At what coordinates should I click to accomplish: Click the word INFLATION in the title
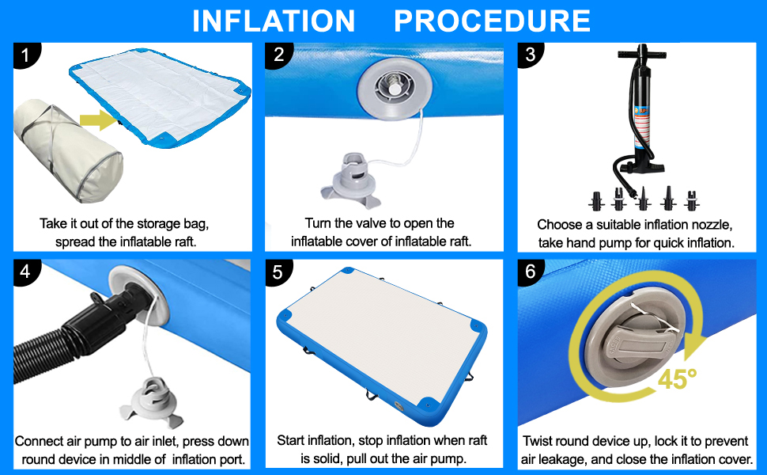click(274, 21)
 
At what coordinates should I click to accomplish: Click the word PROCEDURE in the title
click(492, 21)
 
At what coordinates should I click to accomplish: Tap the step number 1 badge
click(25, 55)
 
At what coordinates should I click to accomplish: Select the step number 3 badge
click(531, 55)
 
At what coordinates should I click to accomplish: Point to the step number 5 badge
click(278, 272)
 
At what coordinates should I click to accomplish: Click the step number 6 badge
click(531, 272)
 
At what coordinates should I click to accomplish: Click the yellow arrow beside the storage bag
click(98, 120)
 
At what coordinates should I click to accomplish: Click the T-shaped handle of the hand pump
click(642, 53)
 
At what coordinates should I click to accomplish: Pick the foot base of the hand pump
click(646, 168)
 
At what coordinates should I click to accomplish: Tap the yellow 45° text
click(677, 378)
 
